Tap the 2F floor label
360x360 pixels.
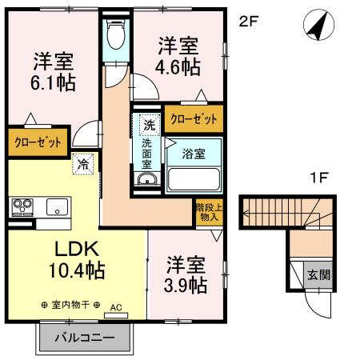pos(250,22)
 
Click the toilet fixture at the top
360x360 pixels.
pos(117,33)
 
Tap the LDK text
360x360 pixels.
pos(54,249)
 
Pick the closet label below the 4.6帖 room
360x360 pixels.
pos(194,119)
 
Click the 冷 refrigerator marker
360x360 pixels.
pos(82,164)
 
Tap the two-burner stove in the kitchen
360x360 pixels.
pos(23,207)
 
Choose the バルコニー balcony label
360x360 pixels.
pos(84,338)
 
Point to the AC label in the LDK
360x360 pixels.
pos(115,306)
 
